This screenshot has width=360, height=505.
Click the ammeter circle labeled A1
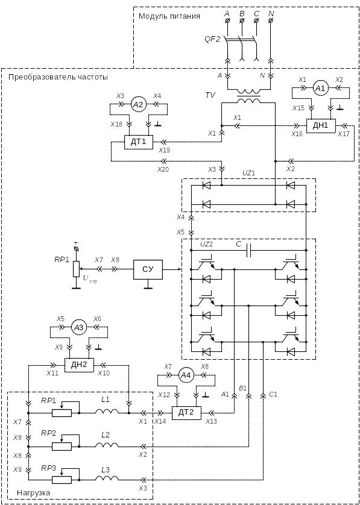(x=320, y=88)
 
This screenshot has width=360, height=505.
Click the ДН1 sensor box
(x=321, y=125)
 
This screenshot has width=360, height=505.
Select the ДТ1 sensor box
(x=139, y=142)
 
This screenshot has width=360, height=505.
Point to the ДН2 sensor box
(x=79, y=365)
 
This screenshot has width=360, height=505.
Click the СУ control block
(x=148, y=269)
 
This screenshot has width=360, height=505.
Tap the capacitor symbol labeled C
(x=248, y=250)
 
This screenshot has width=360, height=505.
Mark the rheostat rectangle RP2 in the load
(x=62, y=447)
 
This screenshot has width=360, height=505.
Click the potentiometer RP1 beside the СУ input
(x=76, y=269)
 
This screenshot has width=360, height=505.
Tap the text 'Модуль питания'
(x=169, y=16)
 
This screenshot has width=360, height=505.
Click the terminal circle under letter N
(x=271, y=21)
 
